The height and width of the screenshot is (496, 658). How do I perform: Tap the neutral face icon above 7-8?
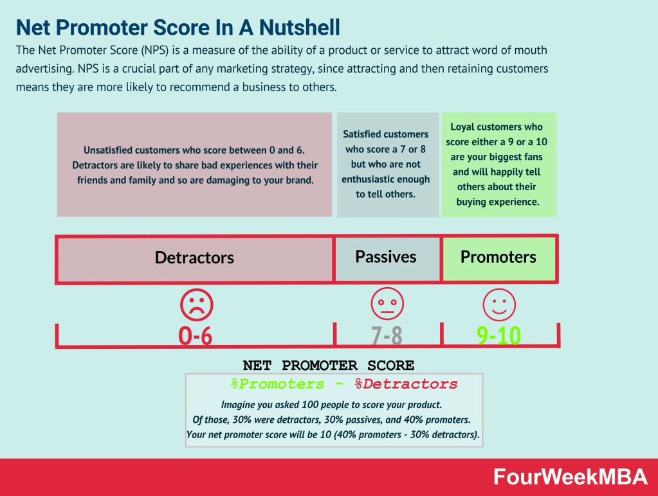387,303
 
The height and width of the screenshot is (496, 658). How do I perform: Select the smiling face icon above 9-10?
499,303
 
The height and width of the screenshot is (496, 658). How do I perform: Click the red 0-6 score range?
195,335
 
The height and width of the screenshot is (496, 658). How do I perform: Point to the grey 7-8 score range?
387,335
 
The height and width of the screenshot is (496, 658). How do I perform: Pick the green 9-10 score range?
499,335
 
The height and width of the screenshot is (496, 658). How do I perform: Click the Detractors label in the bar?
194,258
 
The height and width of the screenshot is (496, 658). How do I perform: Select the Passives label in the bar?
386,257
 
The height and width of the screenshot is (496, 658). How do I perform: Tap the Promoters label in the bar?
498,257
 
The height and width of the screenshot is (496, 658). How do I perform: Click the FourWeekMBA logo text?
571,477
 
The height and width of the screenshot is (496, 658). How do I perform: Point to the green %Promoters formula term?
278,384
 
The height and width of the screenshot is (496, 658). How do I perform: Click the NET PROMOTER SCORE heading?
328,366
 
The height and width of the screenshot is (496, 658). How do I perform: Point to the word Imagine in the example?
242,405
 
